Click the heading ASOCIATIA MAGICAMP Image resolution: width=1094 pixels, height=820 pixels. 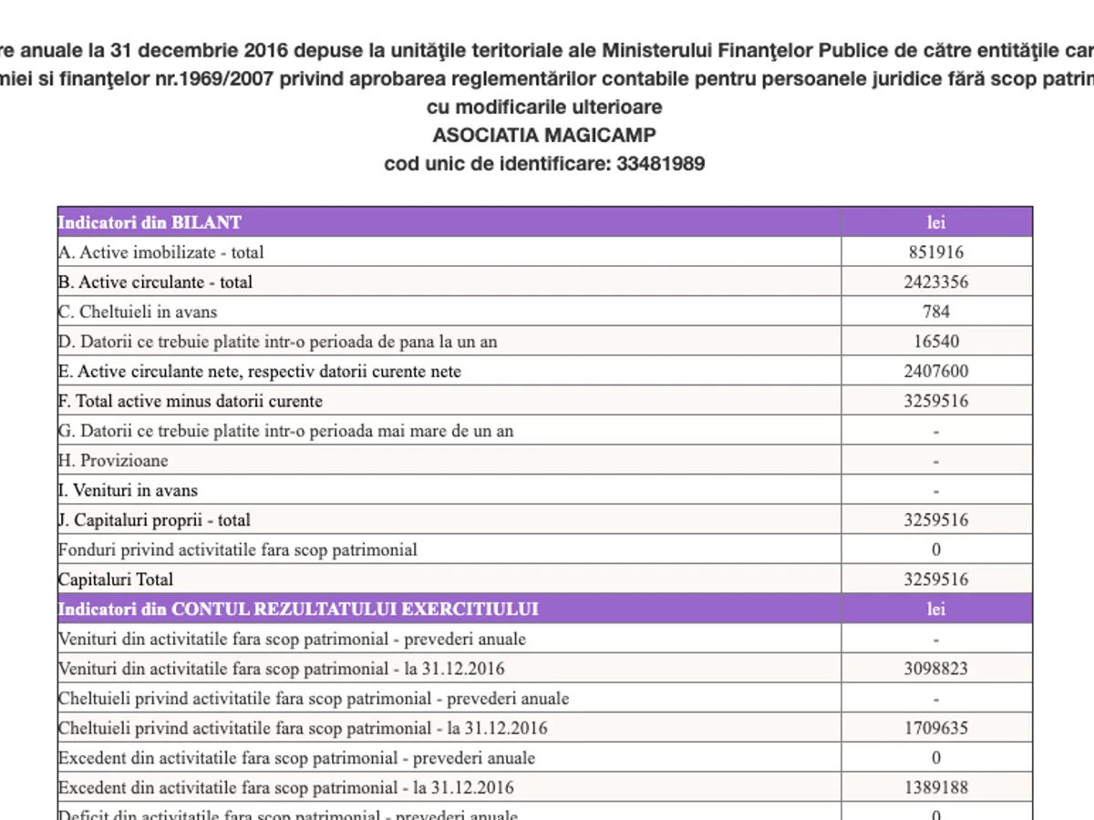pos(544,136)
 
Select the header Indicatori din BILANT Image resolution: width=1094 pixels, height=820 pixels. pos(150,222)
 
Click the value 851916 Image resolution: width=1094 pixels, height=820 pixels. pos(936,252)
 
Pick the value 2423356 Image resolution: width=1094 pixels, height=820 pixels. pos(936,282)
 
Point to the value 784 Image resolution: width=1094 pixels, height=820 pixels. pos(936,312)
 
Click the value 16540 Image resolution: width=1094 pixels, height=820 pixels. pos(936,342)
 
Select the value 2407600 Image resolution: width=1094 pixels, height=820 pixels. pos(936,371)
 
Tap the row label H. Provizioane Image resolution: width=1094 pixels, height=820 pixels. pos(113,460)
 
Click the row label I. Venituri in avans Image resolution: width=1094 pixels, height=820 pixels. pos(128,490)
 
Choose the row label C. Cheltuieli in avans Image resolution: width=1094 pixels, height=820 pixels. pos(138,312)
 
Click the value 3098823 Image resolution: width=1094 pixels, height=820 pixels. pos(936,669)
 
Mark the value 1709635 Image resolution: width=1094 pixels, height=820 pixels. pos(936,728)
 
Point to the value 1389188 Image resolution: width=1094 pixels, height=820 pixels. pos(936,787)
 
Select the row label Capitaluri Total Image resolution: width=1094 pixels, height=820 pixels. pos(116,579)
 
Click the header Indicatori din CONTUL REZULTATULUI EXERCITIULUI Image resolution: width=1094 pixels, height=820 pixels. pos(298,609)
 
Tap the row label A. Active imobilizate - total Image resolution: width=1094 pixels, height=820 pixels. pos(161,252)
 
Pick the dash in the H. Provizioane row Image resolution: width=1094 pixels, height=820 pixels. pos(936,461)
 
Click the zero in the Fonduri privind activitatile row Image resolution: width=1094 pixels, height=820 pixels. pos(936,549)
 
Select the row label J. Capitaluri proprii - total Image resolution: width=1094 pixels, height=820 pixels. pos(154,520)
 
